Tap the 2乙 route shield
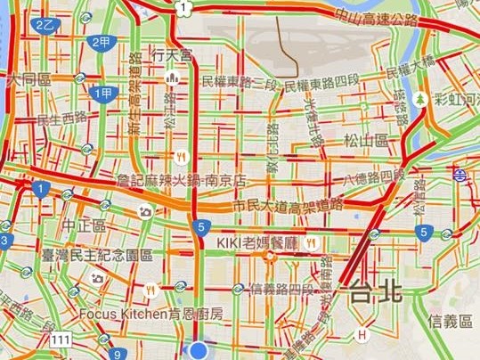[44, 26]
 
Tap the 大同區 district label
[27, 79]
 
